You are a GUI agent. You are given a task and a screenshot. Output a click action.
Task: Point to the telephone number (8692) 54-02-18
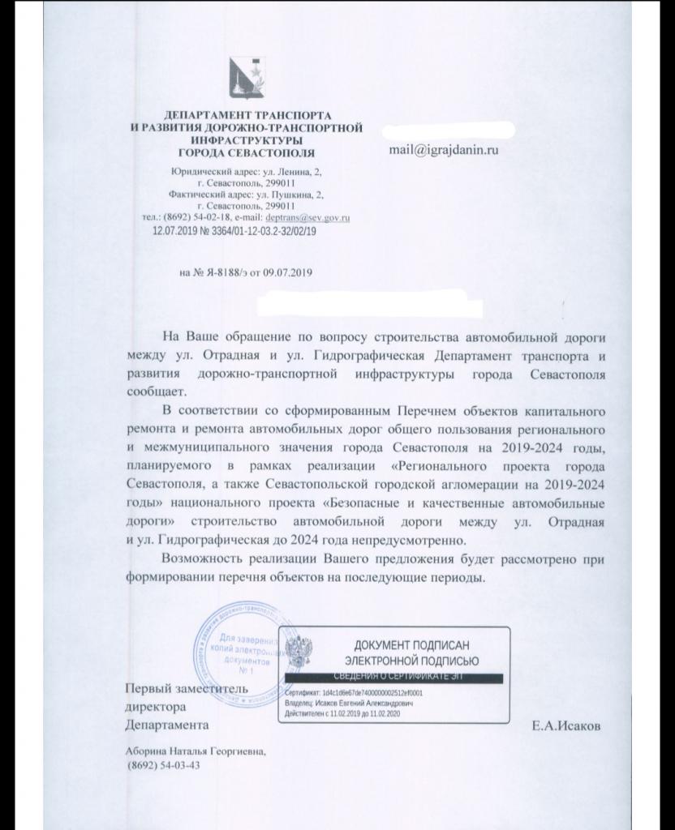pyautogui.click(x=195, y=218)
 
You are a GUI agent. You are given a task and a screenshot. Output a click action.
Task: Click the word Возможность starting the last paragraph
pyautogui.click(x=200, y=560)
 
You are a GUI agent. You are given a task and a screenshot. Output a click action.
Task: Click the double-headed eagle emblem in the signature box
pyautogui.click(x=304, y=652)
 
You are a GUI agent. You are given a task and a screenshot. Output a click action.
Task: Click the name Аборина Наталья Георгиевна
pyautogui.click(x=194, y=751)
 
